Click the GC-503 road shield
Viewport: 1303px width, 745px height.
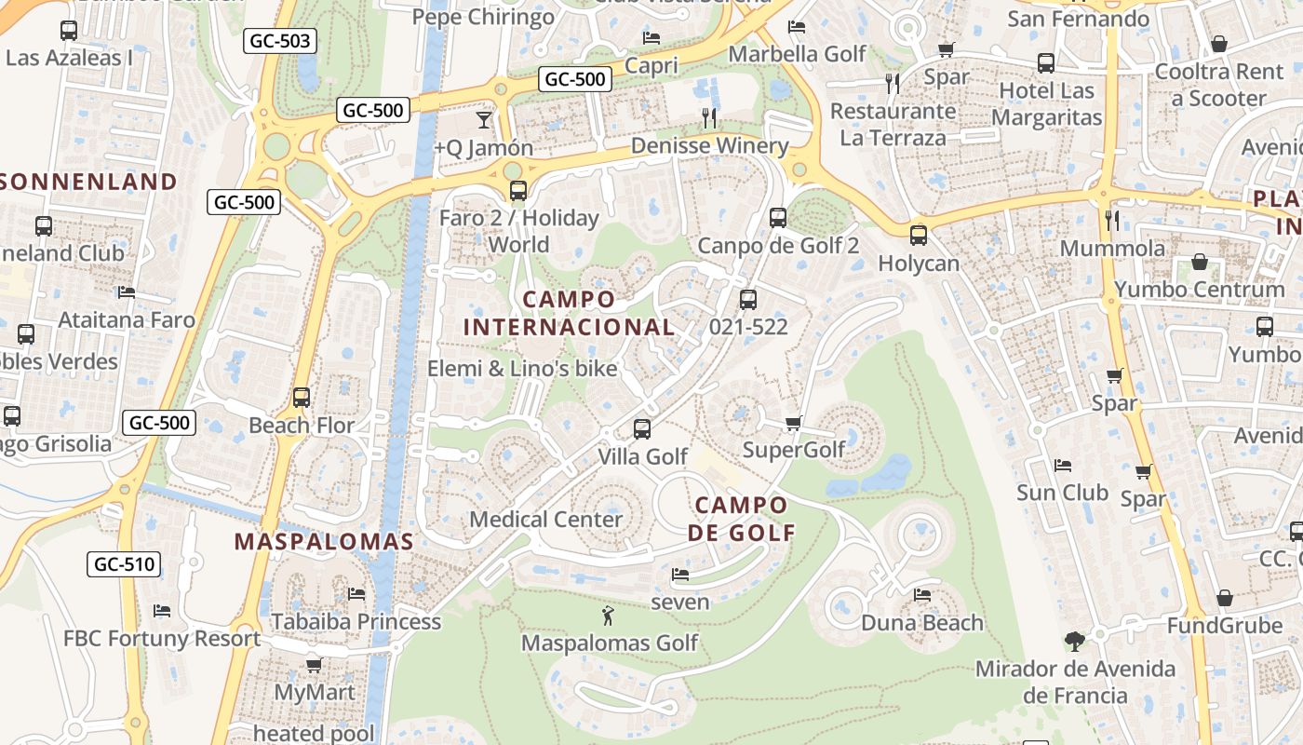[280, 41]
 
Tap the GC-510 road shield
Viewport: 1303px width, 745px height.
[124, 563]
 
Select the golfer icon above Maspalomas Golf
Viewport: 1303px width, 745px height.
[609, 616]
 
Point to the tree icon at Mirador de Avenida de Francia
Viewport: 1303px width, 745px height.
[1074, 641]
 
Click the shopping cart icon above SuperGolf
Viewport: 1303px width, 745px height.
[793, 423]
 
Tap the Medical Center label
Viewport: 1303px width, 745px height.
[545, 519]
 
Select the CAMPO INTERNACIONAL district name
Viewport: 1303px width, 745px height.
[569, 313]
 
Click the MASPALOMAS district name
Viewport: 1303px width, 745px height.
[323, 542]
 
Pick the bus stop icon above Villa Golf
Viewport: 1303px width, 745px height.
[642, 429]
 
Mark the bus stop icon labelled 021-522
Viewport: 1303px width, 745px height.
[748, 300]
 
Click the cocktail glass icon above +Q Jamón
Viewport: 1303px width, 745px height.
[483, 119]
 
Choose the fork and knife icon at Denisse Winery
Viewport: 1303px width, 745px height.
[709, 117]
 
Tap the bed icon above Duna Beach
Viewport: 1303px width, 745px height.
[922, 595]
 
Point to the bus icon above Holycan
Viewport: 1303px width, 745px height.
[919, 236]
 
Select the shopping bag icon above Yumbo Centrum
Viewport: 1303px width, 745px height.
[1200, 262]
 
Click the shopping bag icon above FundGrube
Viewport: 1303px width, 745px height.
[1225, 598]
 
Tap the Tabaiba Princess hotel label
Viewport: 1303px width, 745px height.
[356, 621]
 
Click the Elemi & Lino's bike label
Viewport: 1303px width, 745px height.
[522, 369]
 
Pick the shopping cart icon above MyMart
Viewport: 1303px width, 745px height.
[315, 665]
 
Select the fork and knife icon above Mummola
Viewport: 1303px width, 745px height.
[1112, 221]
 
